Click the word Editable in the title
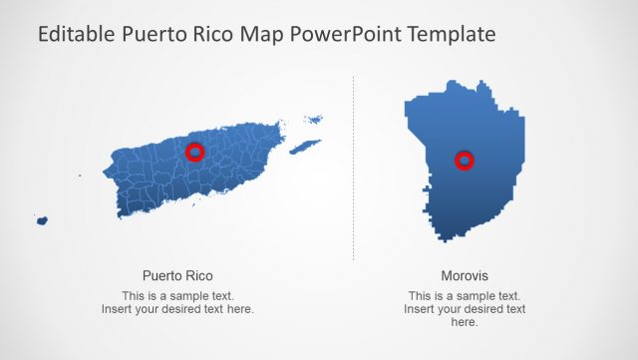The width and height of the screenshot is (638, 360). click(x=75, y=34)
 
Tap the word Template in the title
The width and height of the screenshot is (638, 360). click(x=450, y=34)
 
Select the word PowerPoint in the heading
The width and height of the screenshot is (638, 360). click(x=344, y=34)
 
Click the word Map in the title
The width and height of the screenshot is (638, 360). click(x=264, y=34)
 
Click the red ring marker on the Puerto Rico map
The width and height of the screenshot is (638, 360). click(x=195, y=152)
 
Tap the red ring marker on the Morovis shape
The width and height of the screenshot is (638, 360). click(x=464, y=160)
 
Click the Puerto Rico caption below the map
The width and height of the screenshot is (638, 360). click(x=177, y=276)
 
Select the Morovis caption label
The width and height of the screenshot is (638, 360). click(x=465, y=276)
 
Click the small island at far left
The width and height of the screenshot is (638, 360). click(x=42, y=220)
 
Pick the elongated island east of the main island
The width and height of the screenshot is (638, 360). click(x=304, y=147)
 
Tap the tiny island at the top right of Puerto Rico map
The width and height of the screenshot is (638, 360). click(x=314, y=120)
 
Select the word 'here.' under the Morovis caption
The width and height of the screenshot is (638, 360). click(x=465, y=322)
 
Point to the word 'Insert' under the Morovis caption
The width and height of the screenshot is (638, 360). click(x=420, y=309)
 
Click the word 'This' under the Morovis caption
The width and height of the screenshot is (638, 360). click(x=421, y=296)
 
